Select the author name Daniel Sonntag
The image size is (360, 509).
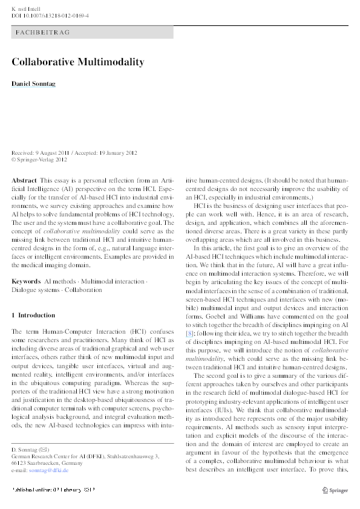33,83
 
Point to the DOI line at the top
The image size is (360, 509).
50,15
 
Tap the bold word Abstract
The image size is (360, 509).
24,181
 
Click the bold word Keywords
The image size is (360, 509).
26,282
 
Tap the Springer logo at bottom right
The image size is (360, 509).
334,489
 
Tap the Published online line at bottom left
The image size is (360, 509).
53,489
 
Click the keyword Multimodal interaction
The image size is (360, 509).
113,282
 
